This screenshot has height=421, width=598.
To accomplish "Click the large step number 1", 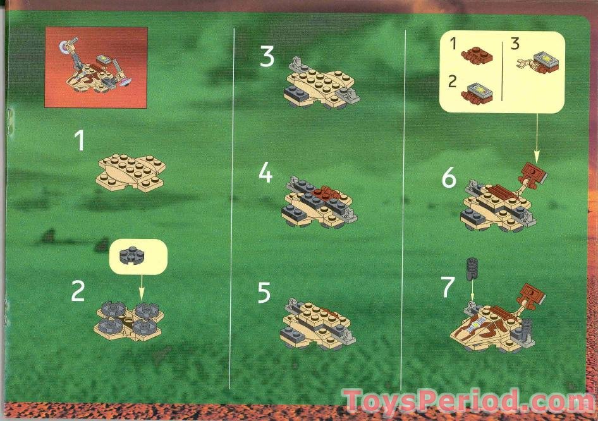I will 80,140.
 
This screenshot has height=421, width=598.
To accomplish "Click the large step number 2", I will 78,291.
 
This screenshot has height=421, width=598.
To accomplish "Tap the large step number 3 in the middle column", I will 267,58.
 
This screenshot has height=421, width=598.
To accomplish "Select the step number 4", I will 266,173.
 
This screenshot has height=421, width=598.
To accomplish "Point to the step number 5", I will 264,293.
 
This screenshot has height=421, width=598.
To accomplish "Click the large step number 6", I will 449,179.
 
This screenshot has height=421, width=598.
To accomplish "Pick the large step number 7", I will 448,287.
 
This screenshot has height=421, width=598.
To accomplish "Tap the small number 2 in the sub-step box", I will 451,82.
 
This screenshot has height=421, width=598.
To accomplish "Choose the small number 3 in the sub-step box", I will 515,44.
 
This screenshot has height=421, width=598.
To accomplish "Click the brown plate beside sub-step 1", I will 477,56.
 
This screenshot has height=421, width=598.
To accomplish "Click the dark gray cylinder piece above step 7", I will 470,269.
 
